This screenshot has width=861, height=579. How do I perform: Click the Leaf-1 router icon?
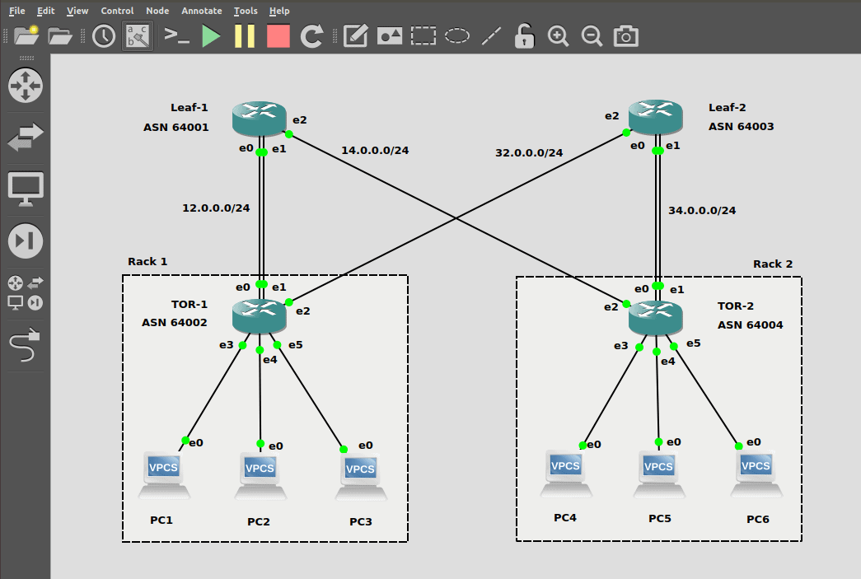(x=259, y=119)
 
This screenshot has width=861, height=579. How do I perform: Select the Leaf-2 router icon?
(x=656, y=118)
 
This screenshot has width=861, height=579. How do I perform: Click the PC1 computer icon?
(x=164, y=474)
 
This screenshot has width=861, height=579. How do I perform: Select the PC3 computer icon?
(x=360, y=475)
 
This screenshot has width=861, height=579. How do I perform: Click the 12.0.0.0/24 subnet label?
(x=216, y=208)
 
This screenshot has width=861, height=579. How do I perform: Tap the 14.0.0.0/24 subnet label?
(x=375, y=150)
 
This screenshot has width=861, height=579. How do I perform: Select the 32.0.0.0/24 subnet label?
(x=529, y=152)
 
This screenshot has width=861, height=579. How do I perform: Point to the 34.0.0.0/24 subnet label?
(x=702, y=210)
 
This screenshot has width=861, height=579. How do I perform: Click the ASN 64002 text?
(x=175, y=323)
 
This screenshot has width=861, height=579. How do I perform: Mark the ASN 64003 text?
(x=741, y=126)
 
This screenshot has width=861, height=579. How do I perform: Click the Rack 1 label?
(x=147, y=261)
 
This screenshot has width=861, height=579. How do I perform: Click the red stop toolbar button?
(x=278, y=35)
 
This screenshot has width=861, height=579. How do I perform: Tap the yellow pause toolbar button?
(x=245, y=35)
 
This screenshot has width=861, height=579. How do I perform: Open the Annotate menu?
(x=202, y=11)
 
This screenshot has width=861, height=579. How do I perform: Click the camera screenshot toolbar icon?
(x=626, y=35)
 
